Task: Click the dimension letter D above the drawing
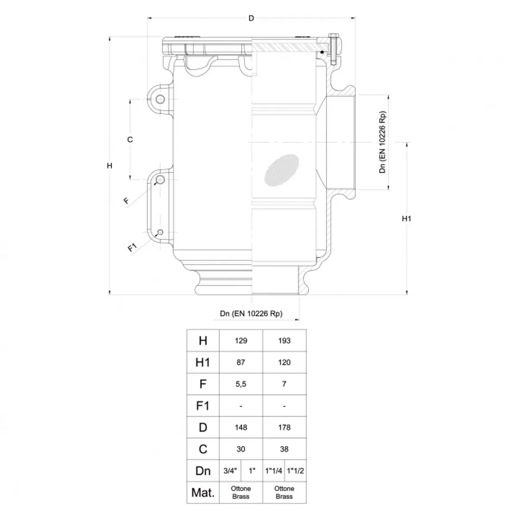[251, 18]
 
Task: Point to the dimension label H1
[407, 219]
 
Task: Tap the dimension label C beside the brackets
[130, 139]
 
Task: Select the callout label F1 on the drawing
[132, 247]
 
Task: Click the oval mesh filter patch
[282, 170]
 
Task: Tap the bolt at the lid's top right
[333, 49]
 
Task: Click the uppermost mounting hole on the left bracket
[160, 99]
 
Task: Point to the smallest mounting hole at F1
[160, 232]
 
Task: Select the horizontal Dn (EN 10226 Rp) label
[251, 313]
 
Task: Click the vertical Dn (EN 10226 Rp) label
[382, 142]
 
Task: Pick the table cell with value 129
[241, 341]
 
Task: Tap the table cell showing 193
[284, 341]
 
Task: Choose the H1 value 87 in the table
[241, 362]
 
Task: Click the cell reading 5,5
[241, 384]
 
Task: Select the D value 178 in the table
[284, 427]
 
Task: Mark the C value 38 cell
[284, 449]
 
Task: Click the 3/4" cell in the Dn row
[230, 471]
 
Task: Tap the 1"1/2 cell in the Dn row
[295, 471]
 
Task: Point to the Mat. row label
[203, 493]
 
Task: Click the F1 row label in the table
[203, 406]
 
